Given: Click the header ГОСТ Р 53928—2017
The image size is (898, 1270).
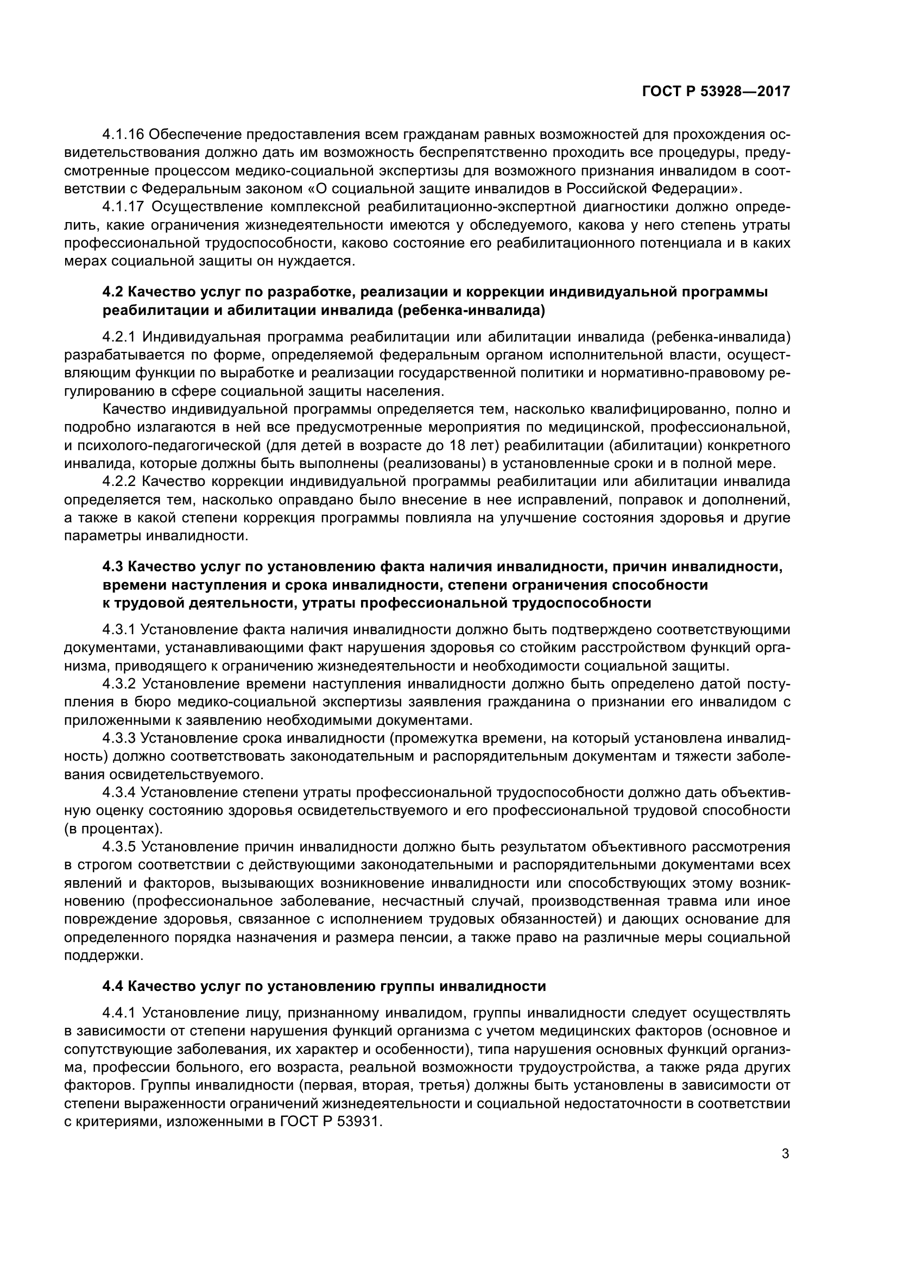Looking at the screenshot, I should (716, 92).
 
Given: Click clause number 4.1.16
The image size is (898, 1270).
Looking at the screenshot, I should (123, 135).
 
